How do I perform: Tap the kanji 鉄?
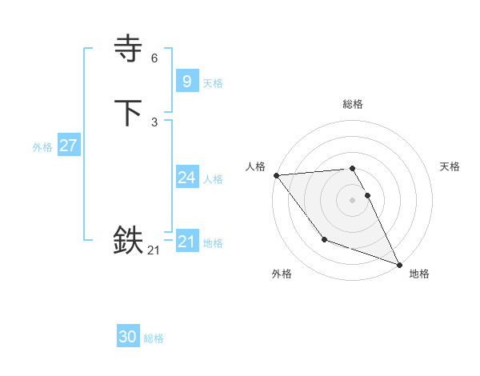(128, 239)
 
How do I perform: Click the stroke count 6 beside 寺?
(154, 58)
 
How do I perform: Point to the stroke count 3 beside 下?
(154, 122)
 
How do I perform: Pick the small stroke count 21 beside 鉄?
(154, 250)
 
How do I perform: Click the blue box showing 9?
(186, 81)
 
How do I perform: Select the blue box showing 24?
(186, 178)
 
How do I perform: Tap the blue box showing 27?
(68, 146)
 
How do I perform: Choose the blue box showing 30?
(128, 337)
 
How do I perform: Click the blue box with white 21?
(186, 242)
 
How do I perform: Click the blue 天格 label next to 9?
(213, 83)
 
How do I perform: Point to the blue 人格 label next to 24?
(213, 179)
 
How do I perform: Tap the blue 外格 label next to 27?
(42, 147)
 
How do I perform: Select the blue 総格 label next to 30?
(154, 338)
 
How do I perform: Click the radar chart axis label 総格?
(353, 104)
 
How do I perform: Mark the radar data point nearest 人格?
(276, 175)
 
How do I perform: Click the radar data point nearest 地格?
(398, 264)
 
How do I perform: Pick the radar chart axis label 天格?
(450, 166)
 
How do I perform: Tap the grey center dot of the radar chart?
(353, 199)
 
